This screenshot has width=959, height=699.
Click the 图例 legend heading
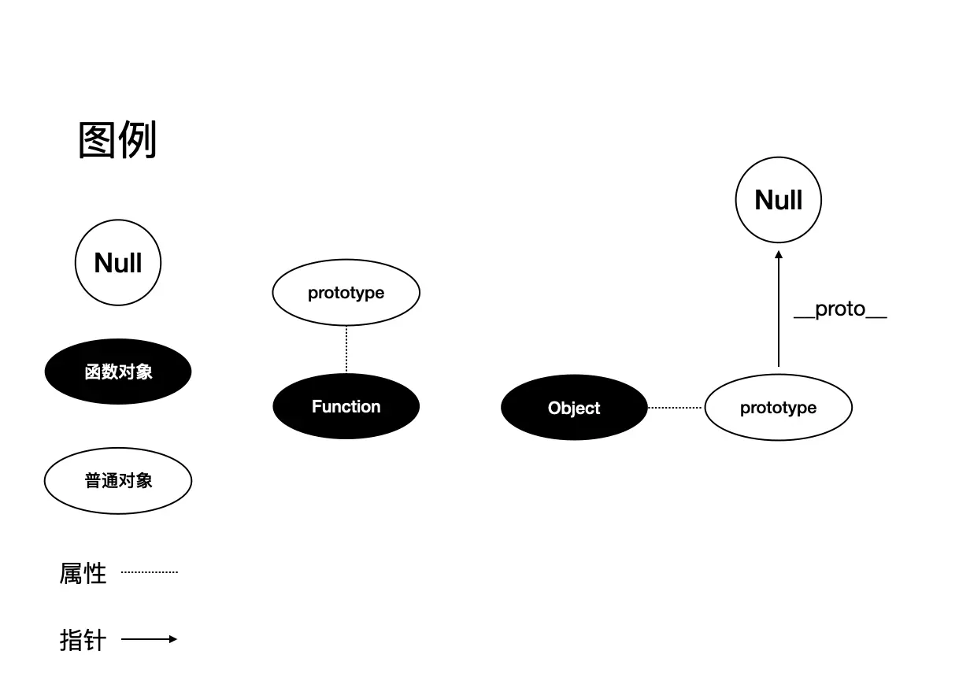pyautogui.click(x=117, y=140)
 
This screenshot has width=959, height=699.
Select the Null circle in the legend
pyautogui.click(x=118, y=263)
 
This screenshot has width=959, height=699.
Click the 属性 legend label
pyautogui.click(x=83, y=573)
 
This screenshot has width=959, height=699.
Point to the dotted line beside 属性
pyautogui.click(x=150, y=572)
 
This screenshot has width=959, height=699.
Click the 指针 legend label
pyautogui.click(x=83, y=639)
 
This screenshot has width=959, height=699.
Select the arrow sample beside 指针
pyautogui.click(x=146, y=639)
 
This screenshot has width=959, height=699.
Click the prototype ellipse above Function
pyautogui.click(x=346, y=293)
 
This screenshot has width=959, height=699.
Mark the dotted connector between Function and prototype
pyautogui.click(x=346, y=349)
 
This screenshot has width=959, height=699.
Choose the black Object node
pyautogui.click(x=574, y=408)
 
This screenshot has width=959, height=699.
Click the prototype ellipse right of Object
pyautogui.click(x=778, y=408)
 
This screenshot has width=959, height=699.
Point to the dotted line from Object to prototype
pyautogui.click(x=676, y=408)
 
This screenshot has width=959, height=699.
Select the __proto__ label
pyautogui.click(x=840, y=309)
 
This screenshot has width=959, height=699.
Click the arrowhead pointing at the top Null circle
pyautogui.click(x=779, y=255)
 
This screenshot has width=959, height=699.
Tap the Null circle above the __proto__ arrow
pyautogui.click(x=779, y=200)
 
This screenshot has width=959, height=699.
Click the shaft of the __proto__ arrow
pyautogui.click(x=779, y=315)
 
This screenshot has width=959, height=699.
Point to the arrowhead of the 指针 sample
pyautogui.click(x=173, y=639)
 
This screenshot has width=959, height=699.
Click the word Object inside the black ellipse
pyautogui.click(x=574, y=408)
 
